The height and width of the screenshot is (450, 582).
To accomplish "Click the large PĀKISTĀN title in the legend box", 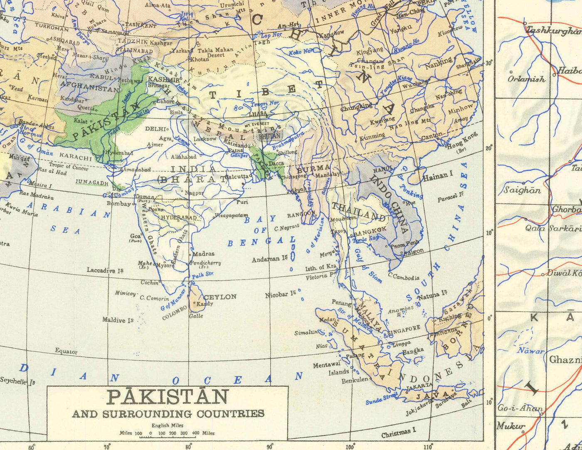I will coord(168,397).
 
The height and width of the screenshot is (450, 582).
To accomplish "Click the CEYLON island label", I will coord(219,297).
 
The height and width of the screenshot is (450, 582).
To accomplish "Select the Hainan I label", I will coord(438,176).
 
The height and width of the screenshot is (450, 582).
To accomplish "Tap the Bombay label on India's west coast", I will coord(119,204).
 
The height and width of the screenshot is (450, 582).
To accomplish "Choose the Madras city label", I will coord(204,254).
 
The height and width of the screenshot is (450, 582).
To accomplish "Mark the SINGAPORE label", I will coord(404,328).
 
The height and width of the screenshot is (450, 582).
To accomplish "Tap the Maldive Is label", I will coord(118,320).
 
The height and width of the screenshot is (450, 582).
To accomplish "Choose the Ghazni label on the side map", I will coord(565,359).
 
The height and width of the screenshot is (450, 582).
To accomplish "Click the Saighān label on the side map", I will coord(522,190).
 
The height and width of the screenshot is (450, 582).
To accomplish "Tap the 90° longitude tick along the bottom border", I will coord(270,447).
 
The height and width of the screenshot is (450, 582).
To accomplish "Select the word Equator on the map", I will coord(66,352).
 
